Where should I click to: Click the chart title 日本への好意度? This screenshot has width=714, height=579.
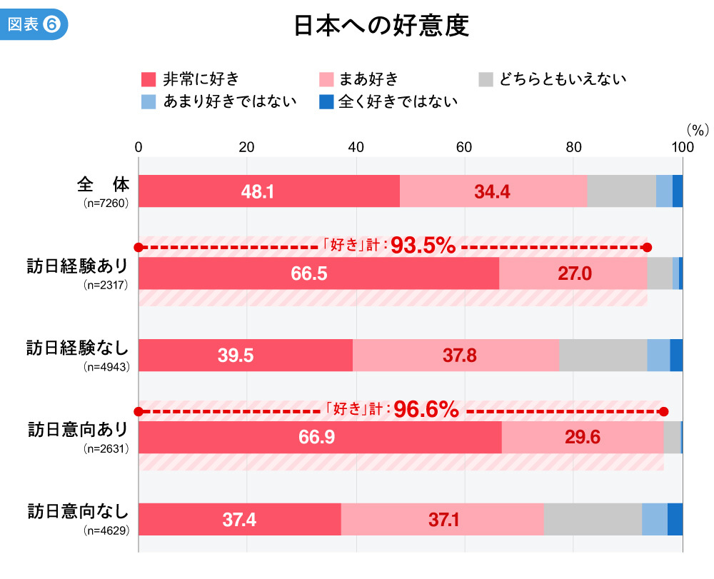click(x=381, y=26)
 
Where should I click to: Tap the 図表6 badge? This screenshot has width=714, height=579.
click(x=34, y=24)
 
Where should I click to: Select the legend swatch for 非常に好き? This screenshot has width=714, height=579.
click(x=149, y=79)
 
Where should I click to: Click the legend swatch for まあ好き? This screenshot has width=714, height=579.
click(x=326, y=79)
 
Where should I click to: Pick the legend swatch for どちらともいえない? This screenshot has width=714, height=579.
click(x=486, y=79)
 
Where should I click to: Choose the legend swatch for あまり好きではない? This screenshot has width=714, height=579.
click(x=149, y=101)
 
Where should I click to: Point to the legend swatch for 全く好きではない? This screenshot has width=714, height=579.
click(x=326, y=101)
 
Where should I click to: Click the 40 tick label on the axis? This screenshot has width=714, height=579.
click(x=356, y=148)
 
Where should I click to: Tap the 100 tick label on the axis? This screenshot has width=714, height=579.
click(x=683, y=148)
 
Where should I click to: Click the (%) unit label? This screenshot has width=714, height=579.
click(x=696, y=130)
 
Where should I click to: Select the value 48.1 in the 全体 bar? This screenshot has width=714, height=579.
click(x=258, y=191)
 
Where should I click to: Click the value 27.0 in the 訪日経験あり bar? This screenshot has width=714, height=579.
click(x=575, y=273)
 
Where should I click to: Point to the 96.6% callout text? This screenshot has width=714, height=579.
click(x=426, y=410)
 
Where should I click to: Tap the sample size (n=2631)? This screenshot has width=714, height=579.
click(x=105, y=449)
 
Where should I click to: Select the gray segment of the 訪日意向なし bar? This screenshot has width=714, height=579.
click(x=593, y=519)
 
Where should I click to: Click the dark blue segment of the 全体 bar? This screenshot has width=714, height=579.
click(x=678, y=191)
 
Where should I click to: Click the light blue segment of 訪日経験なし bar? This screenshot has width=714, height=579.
click(x=658, y=355)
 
